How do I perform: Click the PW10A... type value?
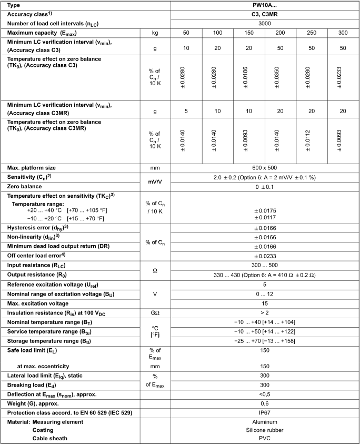pyautogui.click(x=264, y=5)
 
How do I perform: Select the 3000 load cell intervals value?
pyautogui.click(x=264, y=24)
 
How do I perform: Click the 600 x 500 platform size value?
pyautogui.click(x=264, y=167)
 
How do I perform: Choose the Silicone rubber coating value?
pyautogui.click(x=264, y=430)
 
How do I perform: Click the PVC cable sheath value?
pyautogui.click(x=264, y=438)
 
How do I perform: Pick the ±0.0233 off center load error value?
pyautogui.click(x=264, y=256)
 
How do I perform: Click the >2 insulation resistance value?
pyautogui.click(x=264, y=312)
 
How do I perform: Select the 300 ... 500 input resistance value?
pyautogui.click(x=264, y=265)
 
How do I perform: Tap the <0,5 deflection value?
pyautogui.click(x=264, y=395)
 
